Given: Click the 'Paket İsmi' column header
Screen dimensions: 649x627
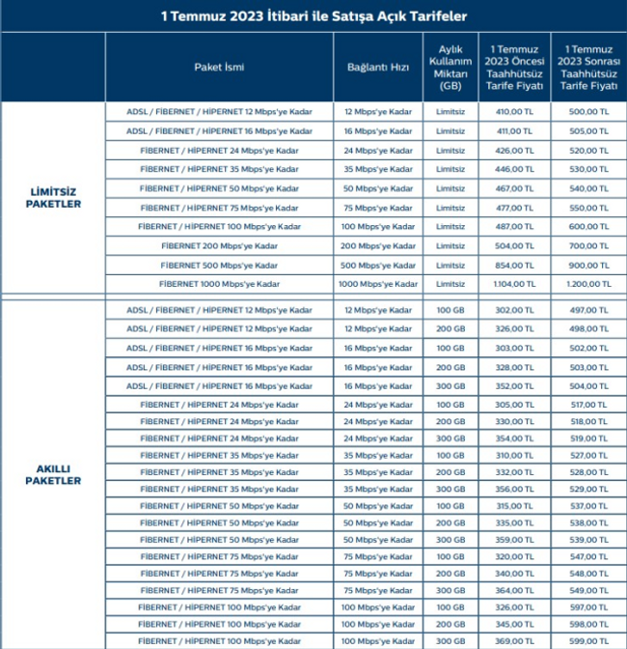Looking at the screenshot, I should click(x=219, y=68).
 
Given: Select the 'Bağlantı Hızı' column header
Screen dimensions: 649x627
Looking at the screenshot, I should click(x=378, y=68).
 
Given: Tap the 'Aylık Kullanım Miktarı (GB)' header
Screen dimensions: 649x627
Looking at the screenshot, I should click(x=450, y=68).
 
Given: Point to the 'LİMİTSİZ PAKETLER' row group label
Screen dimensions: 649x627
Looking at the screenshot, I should click(x=53, y=198).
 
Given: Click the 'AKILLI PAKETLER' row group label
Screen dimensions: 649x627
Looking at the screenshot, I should click(x=53, y=475).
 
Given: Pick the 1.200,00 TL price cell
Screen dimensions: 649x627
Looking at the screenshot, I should click(x=588, y=285).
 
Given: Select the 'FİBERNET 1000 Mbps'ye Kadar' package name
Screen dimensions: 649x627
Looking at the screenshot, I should click(x=219, y=285).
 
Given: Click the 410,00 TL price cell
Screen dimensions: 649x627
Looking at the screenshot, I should click(x=514, y=112).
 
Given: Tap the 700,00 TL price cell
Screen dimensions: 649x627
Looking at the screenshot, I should click(x=588, y=246).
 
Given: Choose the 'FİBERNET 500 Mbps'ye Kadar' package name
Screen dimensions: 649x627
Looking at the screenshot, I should click(x=219, y=266).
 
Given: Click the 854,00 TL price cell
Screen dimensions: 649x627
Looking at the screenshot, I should click(x=514, y=266).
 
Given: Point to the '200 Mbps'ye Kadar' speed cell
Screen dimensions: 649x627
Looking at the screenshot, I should click(x=378, y=246).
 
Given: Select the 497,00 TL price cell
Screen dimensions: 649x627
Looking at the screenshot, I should click(x=588, y=310).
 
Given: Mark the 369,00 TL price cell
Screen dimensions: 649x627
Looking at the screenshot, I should click(x=514, y=640).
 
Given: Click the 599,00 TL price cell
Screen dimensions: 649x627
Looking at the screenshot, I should click(x=588, y=640).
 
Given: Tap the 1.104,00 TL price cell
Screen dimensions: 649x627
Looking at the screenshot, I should click(x=514, y=285).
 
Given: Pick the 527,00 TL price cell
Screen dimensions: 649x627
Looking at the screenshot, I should click(x=588, y=454).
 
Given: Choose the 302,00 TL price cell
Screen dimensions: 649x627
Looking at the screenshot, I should click(x=514, y=310).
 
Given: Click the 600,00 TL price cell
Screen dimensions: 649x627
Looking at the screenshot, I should click(x=588, y=227).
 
